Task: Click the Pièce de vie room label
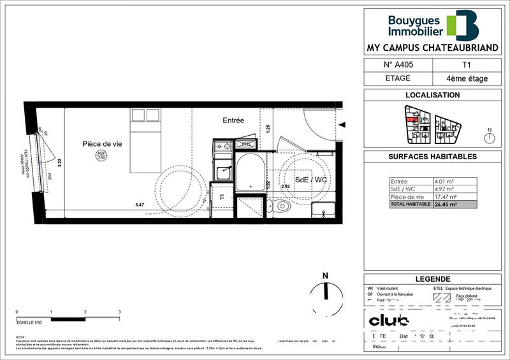(102, 144)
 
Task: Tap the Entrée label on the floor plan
(233, 120)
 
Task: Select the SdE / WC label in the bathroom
(311, 180)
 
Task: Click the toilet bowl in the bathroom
(281, 206)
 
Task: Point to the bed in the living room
(146, 140)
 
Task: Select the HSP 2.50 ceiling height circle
(101, 155)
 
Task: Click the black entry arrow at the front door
(342, 125)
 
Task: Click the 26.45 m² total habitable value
(445, 205)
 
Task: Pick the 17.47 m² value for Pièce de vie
(444, 197)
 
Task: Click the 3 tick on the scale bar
(119, 312)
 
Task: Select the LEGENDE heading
(432, 279)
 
